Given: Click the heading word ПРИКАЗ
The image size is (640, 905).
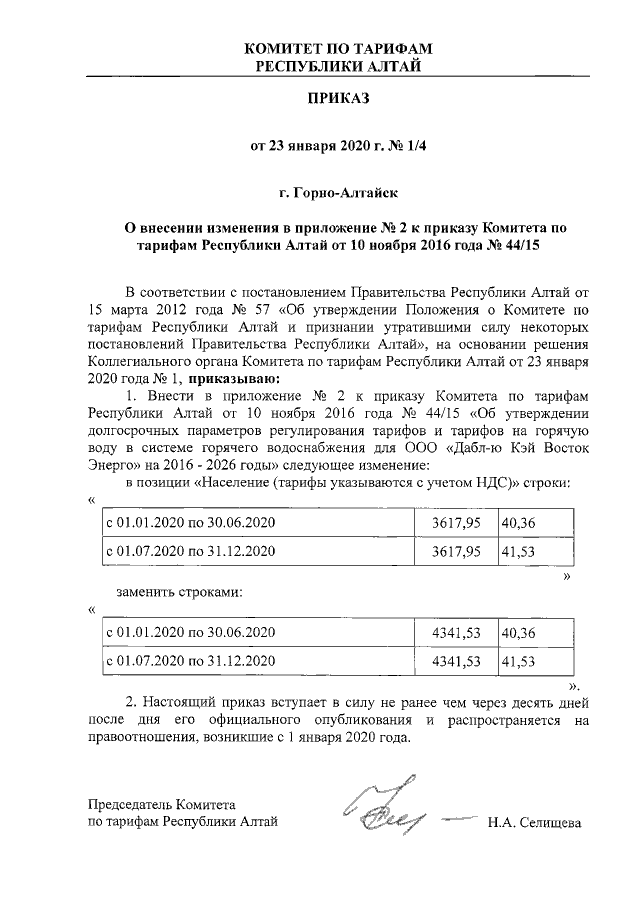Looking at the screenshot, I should pyautogui.click(x=338, y=99).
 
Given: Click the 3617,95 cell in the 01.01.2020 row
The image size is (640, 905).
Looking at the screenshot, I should pyautogui.click(x=456, y=523).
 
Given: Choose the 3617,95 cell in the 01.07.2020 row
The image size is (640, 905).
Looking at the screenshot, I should pyautogui.click(x=456, y=551).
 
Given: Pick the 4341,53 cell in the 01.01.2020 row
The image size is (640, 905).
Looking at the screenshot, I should pyautogui.click(x=456, y=633).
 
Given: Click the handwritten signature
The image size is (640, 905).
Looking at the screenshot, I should pyautogui.click(x=390, y=808).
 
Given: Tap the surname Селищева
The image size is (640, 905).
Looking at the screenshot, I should pyautogui.click(x=548, y=823).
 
